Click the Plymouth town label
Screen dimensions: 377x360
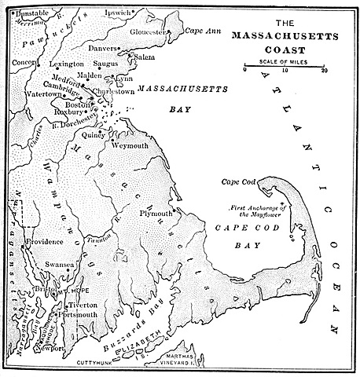coord(155,213)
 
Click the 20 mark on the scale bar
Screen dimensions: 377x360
coord(324,71)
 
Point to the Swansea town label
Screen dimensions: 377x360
coord(60,265)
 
